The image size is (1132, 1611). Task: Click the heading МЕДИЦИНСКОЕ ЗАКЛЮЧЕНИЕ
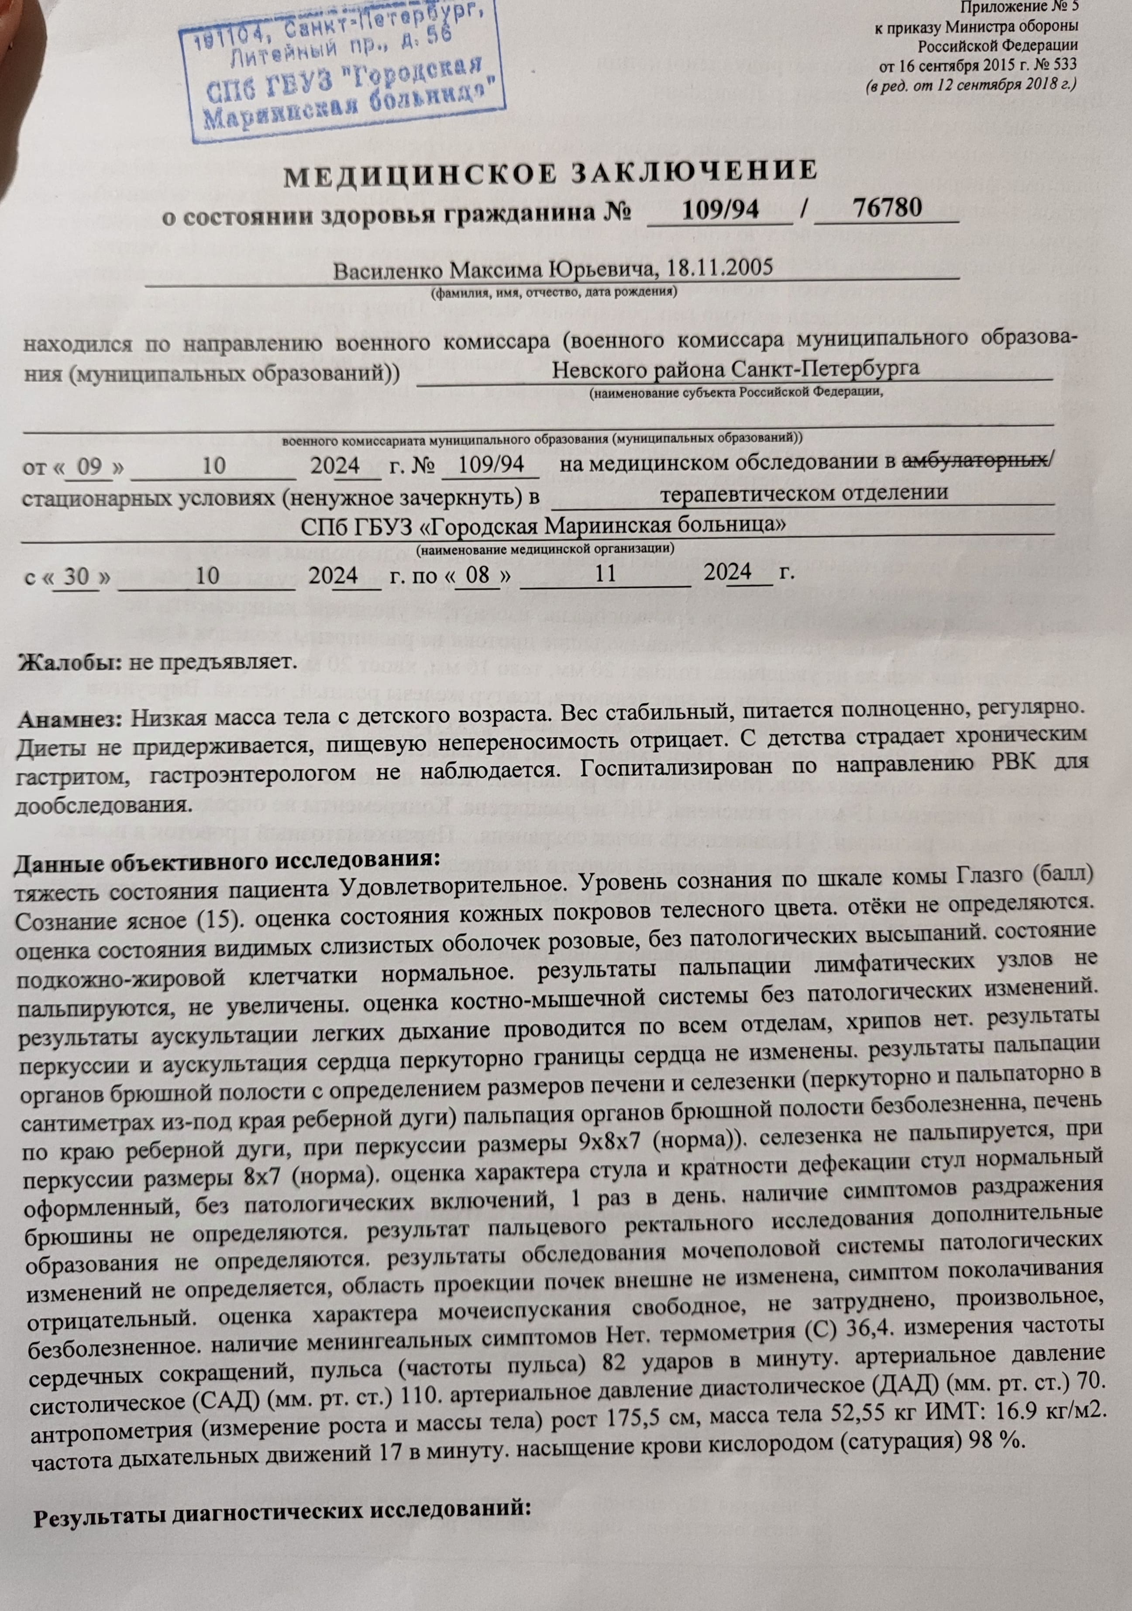point(551,173)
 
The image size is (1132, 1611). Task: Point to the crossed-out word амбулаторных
point(975,463)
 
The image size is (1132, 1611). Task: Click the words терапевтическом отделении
point(805,493)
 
